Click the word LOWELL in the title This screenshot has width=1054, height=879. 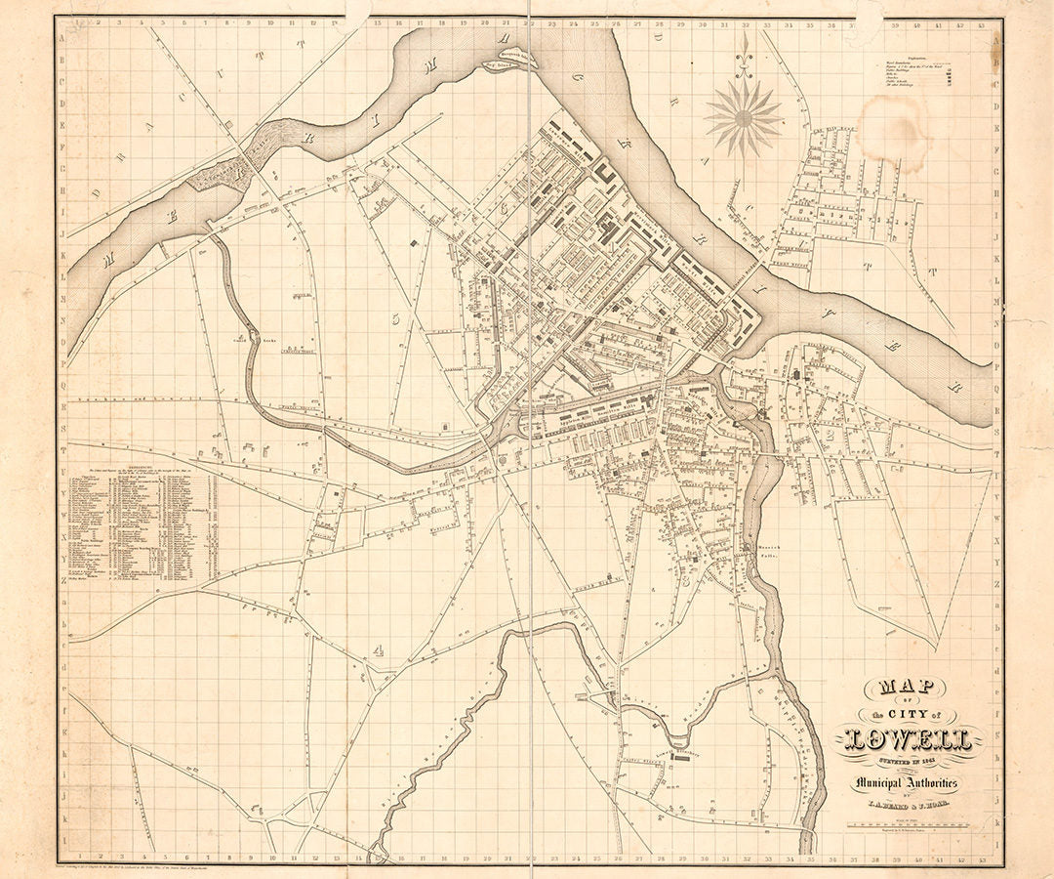point(908,739)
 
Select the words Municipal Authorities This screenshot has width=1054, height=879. point(907,783)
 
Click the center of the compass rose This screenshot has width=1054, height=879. point(745,118)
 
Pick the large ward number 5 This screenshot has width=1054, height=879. point(395,317)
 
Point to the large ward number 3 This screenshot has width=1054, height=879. point(686,578)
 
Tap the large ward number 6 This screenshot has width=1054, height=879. point(505,206)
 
